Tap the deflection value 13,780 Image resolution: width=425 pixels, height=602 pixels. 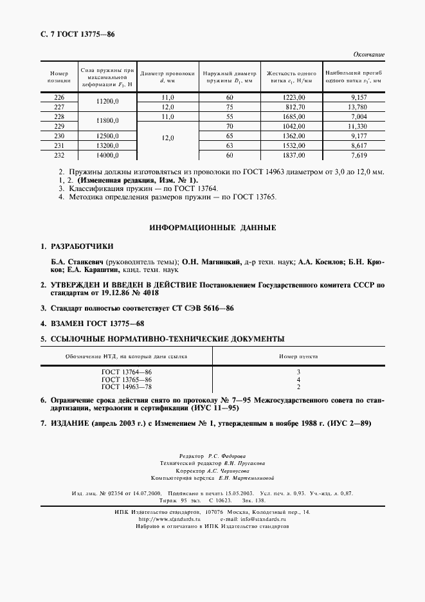tap(355, 107)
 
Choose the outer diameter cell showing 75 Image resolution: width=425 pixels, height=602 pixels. tap(229, 107)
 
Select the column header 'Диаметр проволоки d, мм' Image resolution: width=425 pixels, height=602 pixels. tap(166, 77)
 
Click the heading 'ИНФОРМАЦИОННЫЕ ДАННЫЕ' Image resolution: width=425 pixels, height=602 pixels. tap(212, 228)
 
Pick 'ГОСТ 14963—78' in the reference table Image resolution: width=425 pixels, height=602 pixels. tap(127, 387)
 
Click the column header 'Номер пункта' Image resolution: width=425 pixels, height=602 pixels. tap(298, 356)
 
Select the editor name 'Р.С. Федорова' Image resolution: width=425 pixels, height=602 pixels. tap(228, 455)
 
